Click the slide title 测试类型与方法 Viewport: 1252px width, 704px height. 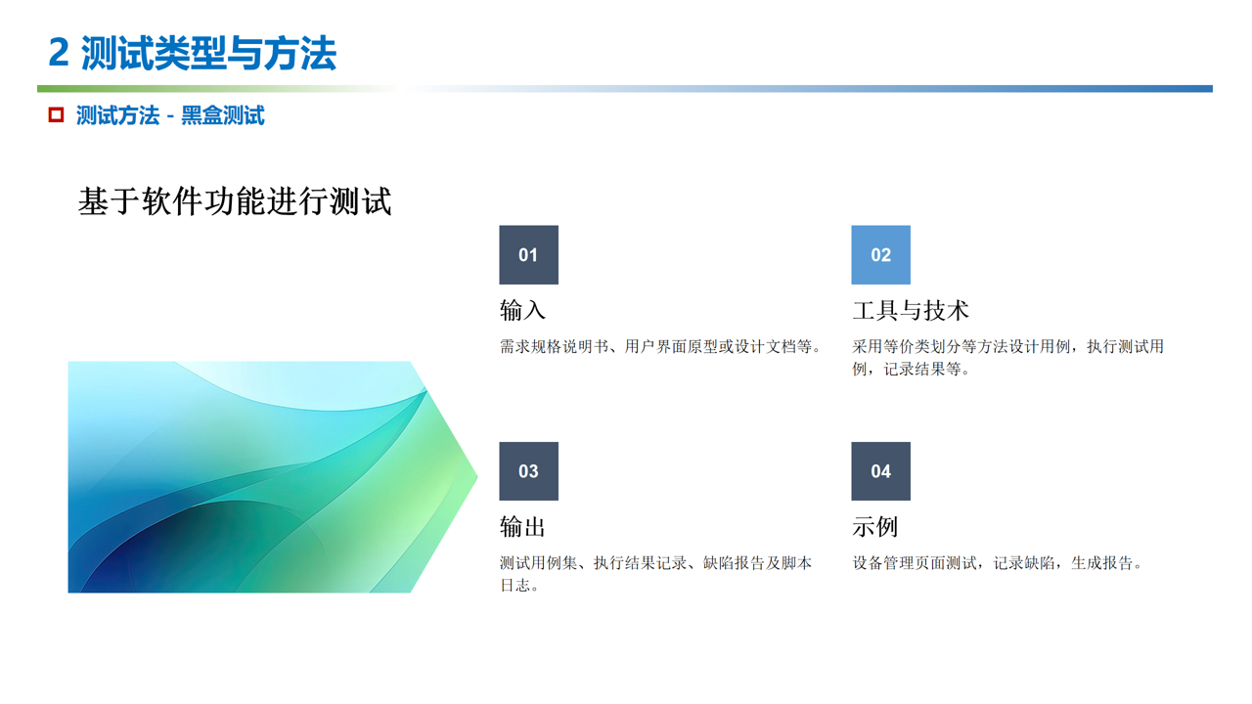tap(208, 54)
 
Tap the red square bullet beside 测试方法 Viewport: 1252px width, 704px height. tap(56, 115)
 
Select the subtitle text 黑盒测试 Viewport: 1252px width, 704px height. tap(222, 115)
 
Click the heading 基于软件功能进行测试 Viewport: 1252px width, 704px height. tap(235, 201)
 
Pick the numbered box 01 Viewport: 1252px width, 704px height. tap(529, 255)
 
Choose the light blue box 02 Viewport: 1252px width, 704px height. tap(881, 255)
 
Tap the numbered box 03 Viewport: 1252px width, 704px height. tap(529, 471)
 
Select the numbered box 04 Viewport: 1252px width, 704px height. tap(881, 471)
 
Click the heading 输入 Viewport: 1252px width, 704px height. tap(522, 310)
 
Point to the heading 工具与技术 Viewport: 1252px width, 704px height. tap(911, 310)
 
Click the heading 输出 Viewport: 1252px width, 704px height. tap(522, 526)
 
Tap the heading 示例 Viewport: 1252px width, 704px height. tap(875, 526)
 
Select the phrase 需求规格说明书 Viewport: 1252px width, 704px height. tap(554, 347)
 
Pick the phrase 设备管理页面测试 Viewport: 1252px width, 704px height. tap(915, 563)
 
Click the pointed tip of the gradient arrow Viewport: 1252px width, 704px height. tap(477, 476)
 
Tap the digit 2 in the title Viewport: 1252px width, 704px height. tap(59, 54)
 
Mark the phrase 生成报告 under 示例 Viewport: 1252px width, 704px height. tap(1101, 563)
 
